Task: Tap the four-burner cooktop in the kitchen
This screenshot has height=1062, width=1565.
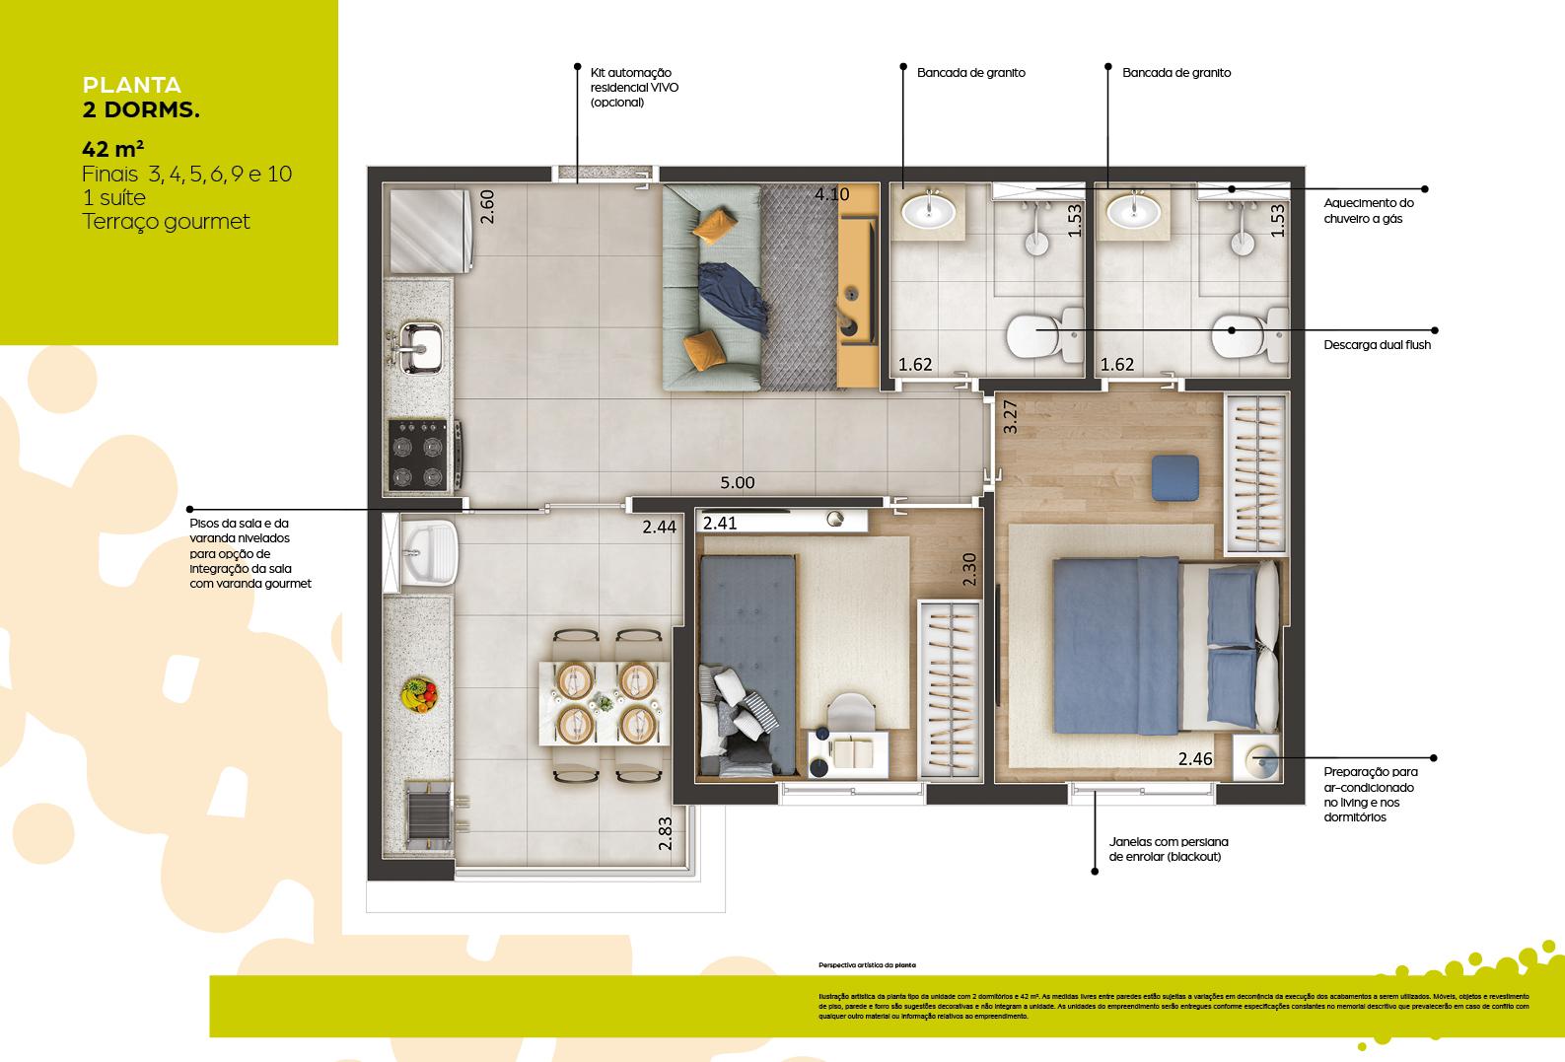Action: (416, 455)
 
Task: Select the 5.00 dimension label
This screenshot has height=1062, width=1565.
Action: (737, 483)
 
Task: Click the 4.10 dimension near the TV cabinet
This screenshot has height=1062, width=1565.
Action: (831, 194)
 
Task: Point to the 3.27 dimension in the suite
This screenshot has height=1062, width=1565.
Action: (1010, 417)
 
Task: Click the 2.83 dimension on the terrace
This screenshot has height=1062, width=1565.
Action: (666, 833)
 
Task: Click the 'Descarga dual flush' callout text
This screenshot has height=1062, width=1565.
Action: (1377, 345)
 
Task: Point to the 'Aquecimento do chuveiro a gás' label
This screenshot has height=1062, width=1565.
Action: (1369, 211)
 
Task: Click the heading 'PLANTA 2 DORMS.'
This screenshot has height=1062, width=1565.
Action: (141, 98)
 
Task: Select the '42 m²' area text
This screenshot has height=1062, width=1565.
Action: (113, 150)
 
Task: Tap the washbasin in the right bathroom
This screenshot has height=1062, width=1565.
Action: (1133, 209)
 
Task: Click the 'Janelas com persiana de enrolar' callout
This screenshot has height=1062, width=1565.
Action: (1169, 849)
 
